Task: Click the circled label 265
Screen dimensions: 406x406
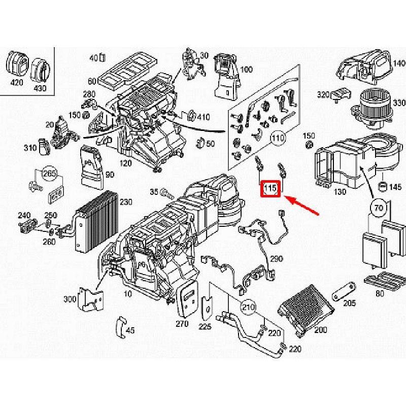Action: click(49, 174)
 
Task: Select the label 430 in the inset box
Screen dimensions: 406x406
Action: click(40, 87)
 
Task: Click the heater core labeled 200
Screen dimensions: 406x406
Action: click(304, 310)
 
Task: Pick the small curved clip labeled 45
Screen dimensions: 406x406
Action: click(120, 327)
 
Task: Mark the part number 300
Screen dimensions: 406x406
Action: click(70, 299)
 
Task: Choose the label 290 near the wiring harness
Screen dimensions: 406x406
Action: click(276, 259)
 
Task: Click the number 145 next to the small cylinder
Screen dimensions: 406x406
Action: click(394, 187)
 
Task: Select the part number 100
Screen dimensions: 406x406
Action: click(246, 70)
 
